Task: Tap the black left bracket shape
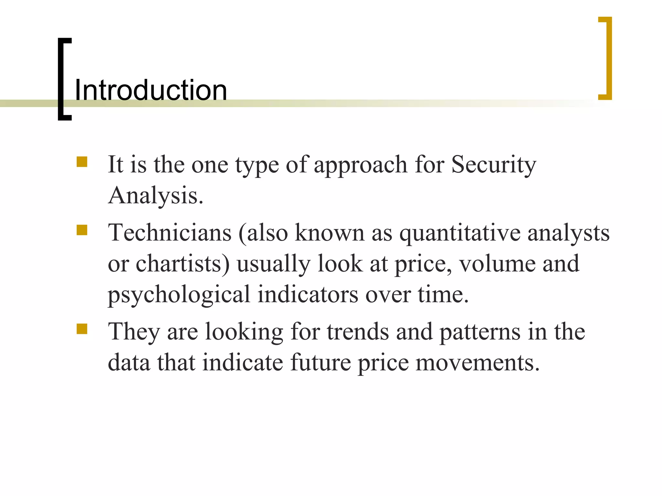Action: (61, 79)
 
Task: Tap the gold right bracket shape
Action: (609, 58)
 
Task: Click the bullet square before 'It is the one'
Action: (82, 162)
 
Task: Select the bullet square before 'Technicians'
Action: (82, 230)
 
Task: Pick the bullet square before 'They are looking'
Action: (82, 329)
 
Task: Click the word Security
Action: (494, 165)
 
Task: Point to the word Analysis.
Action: (155, 195)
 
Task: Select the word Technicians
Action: (170, 232)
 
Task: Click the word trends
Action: (358, 332)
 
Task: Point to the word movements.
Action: (477, 363)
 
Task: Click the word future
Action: (320, 362)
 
